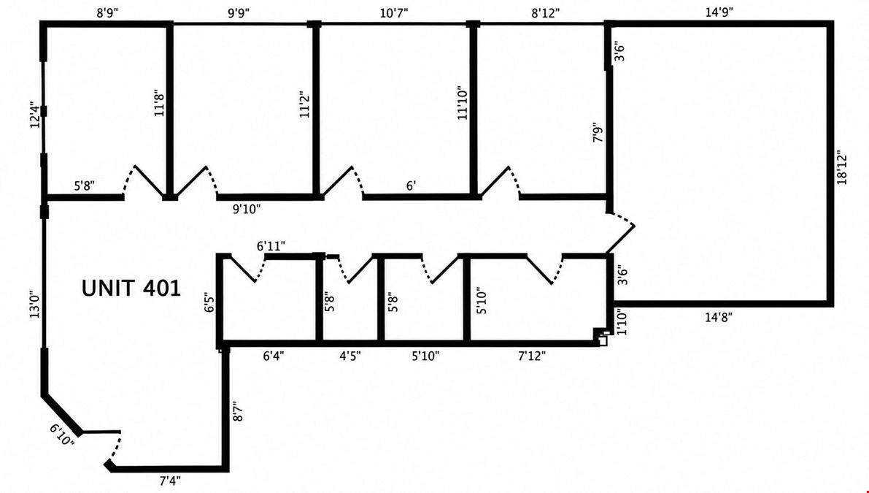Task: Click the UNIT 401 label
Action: click(131, 288)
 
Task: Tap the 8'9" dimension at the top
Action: click(108, 12)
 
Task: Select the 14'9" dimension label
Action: click(720, 12)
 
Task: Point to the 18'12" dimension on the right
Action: click(842, 167)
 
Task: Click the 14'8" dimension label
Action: click(719, 317)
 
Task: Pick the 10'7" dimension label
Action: click(394, 12)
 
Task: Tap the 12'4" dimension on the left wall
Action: click(36, 115)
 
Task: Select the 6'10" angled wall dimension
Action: click(61, 435)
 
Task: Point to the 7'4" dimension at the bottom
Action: click(170, 481)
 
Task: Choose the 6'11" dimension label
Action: click(271, 245)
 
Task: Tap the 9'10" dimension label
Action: click(247, 209)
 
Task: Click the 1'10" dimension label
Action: click(621, 322)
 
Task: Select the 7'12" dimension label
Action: click(532, 356)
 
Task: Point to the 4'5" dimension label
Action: click(350, 356)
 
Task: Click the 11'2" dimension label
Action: click(304, 104)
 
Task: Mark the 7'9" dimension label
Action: click(598, 132)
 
